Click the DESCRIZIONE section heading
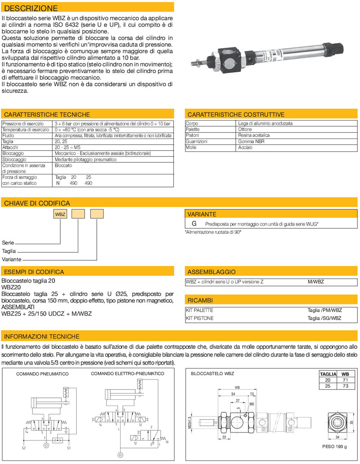[x=31, y=8]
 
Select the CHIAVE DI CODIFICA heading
[x=37, y=203]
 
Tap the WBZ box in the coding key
[x=60, y=214]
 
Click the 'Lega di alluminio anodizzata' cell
[x=265, y=123]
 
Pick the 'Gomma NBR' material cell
[x=251, y=141]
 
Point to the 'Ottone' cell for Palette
[x=245, y=129]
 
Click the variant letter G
[x=194, y=223]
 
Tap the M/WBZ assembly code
[x=316, y=282]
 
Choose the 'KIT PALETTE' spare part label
[x=199, y=310]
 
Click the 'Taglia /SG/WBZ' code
[x=324, y=318]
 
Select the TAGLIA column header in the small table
[x=328, y=374]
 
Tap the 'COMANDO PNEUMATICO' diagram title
[x=42, y=374]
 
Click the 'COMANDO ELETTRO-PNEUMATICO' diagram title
[x=127, y=374]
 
